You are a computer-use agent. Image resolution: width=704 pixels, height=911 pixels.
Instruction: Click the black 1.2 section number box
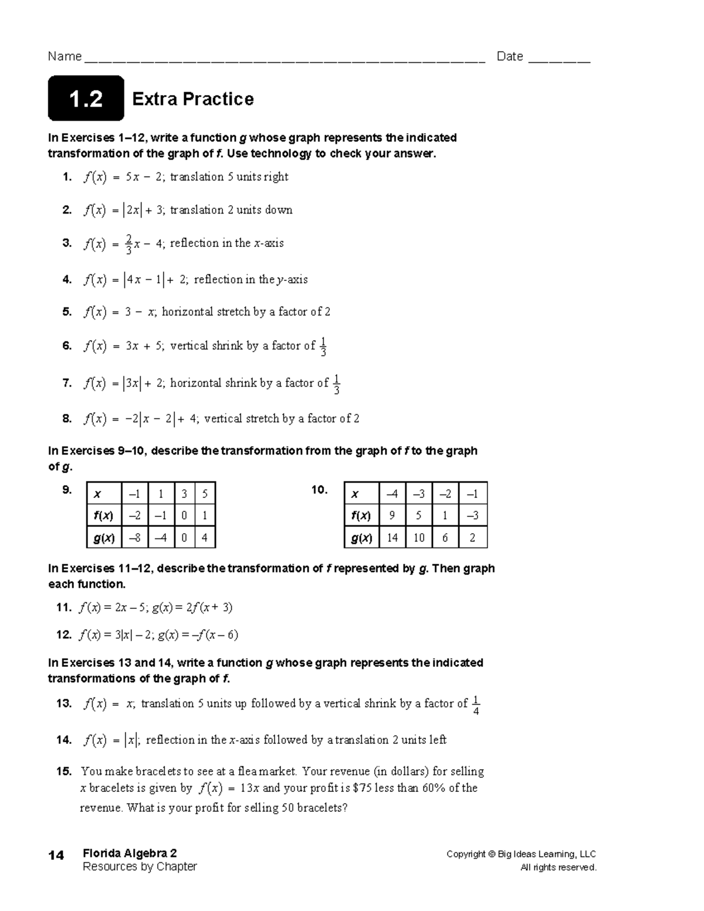coord(86,99)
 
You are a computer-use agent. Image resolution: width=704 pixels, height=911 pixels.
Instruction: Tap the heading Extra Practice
coord(193,99)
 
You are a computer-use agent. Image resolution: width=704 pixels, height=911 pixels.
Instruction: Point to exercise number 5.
coord(67,312)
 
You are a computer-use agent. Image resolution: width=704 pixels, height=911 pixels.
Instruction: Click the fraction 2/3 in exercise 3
coord(128,243)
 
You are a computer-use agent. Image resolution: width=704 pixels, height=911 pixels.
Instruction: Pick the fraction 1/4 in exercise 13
coord(476,705)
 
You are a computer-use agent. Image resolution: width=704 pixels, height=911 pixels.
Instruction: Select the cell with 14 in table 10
coord(392,537)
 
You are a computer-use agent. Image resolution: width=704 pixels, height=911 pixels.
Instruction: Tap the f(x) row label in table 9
coord(104,516)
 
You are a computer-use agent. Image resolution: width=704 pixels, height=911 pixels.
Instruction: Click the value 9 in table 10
coord(392,516)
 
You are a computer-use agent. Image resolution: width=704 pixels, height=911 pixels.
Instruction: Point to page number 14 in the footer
coord(56,855)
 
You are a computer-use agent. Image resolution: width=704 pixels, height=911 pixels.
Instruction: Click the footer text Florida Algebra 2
coord(130,853)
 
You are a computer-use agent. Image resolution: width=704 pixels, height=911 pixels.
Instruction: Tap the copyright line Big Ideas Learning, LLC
coord(521,854)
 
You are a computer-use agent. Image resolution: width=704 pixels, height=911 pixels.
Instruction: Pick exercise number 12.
coord(63,635)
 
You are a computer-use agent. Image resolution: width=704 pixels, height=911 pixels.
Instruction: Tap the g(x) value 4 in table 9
coord(205,537)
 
